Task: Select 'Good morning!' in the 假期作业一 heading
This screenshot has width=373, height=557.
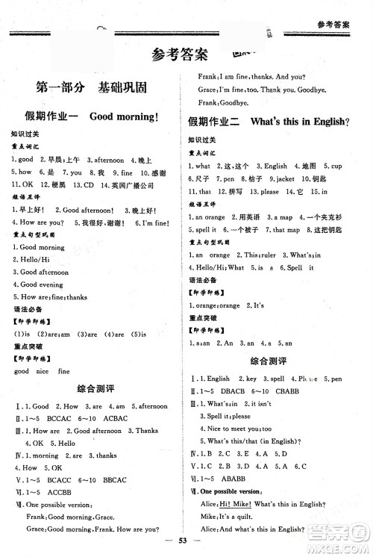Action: pyautogui.click(x=125, y=116)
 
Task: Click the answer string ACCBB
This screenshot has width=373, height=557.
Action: pyautogui.click(x=62, y=492)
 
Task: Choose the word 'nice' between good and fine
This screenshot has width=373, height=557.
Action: pyautogui.click(x=42, y=371)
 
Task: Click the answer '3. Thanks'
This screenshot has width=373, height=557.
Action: pyautogui.click(x=146, y=431)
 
